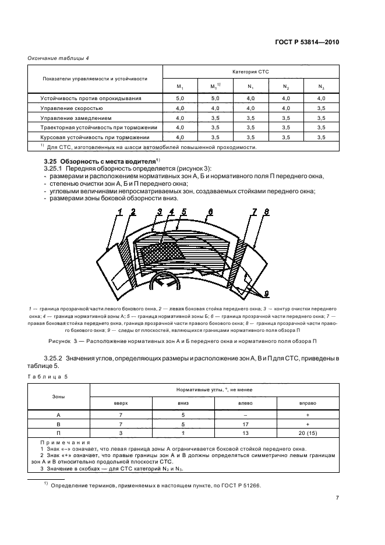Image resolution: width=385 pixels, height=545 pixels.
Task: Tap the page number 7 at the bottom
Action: click(x=337, y=498)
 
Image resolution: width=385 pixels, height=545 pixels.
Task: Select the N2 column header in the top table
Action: click(x=285, y=87)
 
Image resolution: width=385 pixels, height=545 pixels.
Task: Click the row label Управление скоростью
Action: click(x=72, y=108)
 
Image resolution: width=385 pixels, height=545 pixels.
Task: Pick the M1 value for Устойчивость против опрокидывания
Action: click(x=180, y=99)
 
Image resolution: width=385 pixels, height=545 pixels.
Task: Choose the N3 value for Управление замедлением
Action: click(x=321, y=118)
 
